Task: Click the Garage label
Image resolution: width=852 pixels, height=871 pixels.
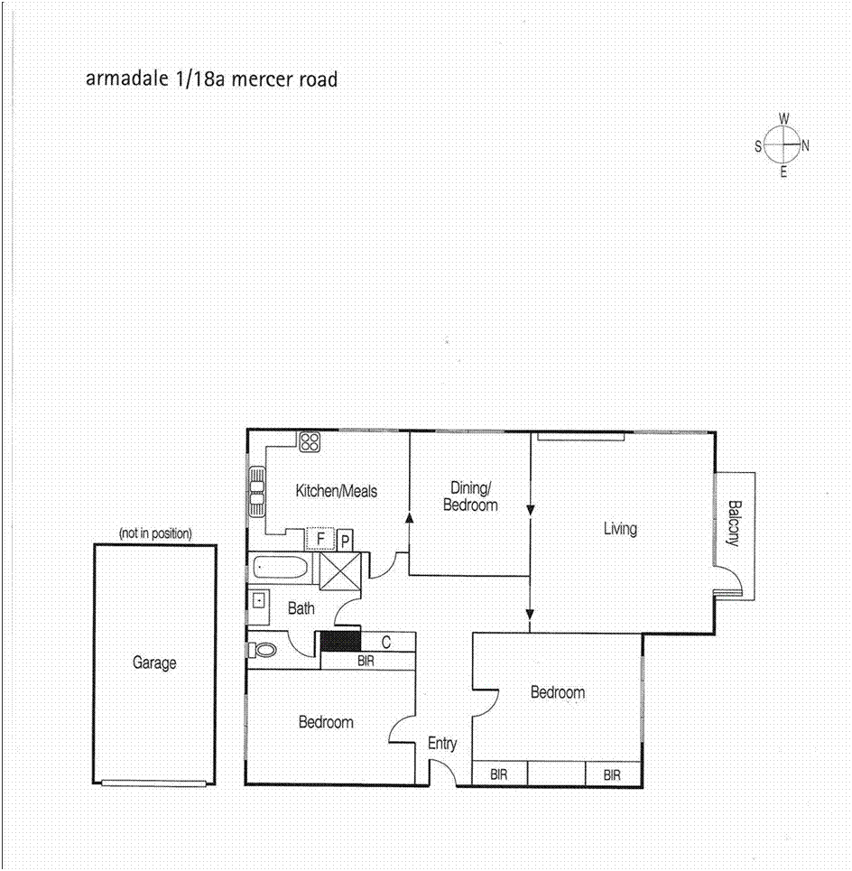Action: pos(154,663)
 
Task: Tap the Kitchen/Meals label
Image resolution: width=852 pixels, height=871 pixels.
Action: pos(337,491)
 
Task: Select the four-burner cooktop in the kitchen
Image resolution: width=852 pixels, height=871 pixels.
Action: pos(310,441)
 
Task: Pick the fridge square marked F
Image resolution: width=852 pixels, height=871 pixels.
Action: pos(319,540)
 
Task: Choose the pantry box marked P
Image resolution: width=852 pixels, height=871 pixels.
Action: pos(345,541)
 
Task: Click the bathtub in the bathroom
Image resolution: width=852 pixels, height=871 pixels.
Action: pos(282,569)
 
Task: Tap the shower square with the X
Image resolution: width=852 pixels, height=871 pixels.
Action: pos(340,570)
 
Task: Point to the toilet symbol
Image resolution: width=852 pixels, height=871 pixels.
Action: pos(264,649)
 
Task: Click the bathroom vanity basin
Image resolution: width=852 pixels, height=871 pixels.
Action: pos(258,599)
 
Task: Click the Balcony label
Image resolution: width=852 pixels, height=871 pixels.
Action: pos(734,523)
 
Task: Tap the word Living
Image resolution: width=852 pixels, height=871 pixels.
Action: pos(620,528)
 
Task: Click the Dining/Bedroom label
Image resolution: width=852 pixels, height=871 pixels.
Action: pos(470,496)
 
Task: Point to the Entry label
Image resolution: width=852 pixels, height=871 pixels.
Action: pos(442,744)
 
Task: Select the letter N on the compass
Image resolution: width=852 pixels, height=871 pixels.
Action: pos(805,144)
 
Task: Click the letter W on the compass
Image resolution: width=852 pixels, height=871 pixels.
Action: pos(784,118)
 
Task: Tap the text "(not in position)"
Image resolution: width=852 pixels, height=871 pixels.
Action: pos(155,533)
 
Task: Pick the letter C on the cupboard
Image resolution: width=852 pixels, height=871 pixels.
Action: pos(385,643)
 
